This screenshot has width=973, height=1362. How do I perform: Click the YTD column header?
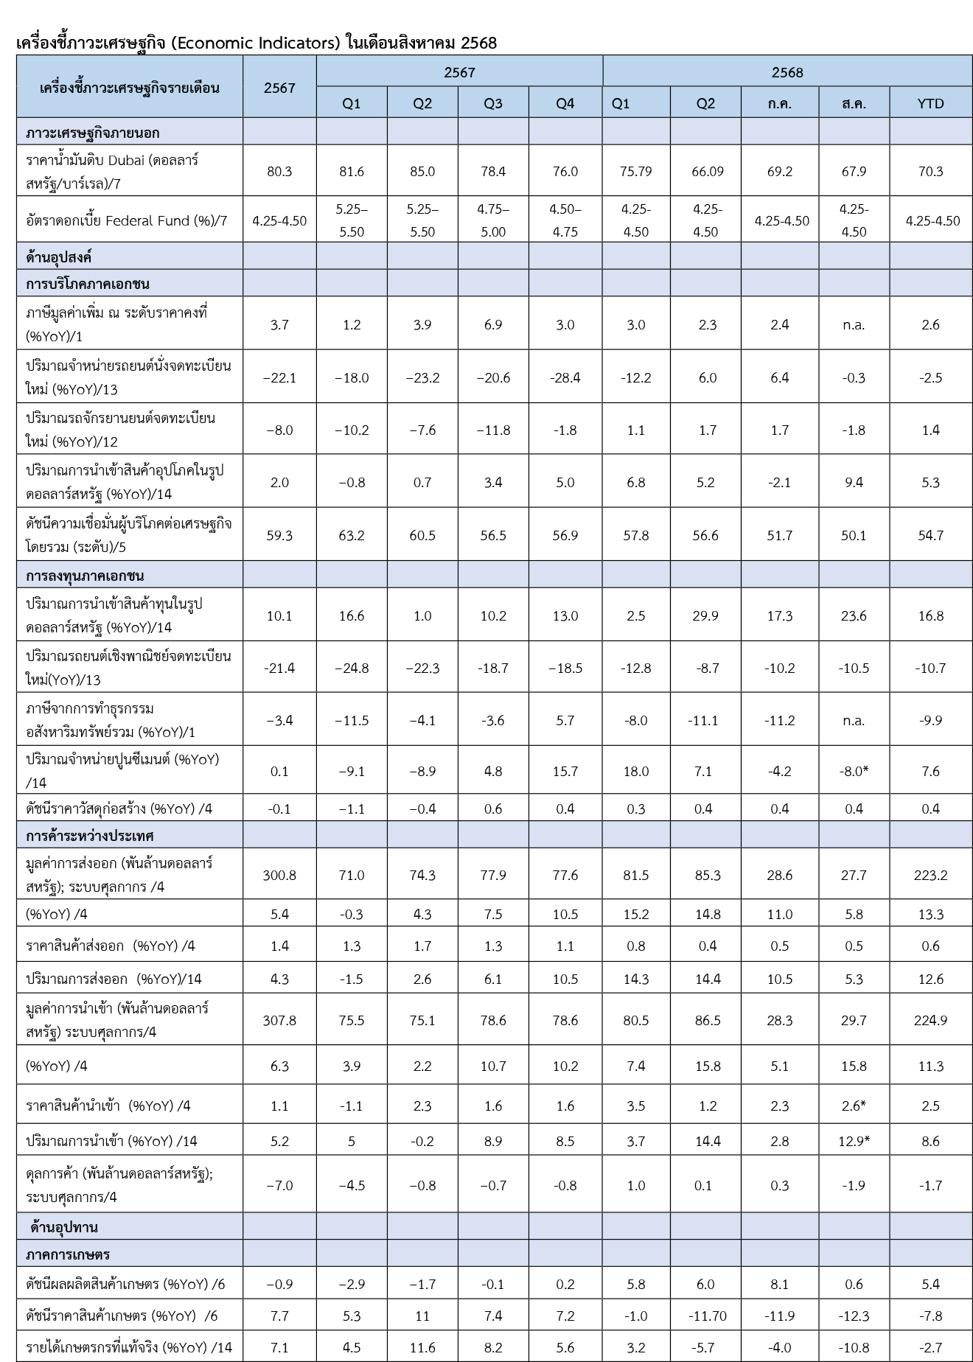pos(930,104)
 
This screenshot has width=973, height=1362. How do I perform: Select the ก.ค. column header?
pos(779,104)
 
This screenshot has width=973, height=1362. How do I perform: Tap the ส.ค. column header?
pos(854,104)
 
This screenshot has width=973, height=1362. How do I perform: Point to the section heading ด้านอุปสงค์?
pos(58,258)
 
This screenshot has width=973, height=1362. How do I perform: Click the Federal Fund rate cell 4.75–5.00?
pos(493,220)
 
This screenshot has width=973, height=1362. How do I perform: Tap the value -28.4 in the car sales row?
pos(565,378)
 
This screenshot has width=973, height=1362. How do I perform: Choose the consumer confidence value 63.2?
pos(352,536)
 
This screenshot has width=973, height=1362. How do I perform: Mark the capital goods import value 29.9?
pos(705,616)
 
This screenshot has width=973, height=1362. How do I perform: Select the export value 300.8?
pos(279,876)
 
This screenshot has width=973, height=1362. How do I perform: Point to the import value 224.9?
pos(930,1021)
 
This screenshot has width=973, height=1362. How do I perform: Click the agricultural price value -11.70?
pos(705,1316)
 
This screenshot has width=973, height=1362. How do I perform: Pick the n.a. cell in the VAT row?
pos(854,325)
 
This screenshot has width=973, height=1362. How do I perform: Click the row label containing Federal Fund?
pos(126,220)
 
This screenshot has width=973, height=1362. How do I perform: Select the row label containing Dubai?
pos(111,172)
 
